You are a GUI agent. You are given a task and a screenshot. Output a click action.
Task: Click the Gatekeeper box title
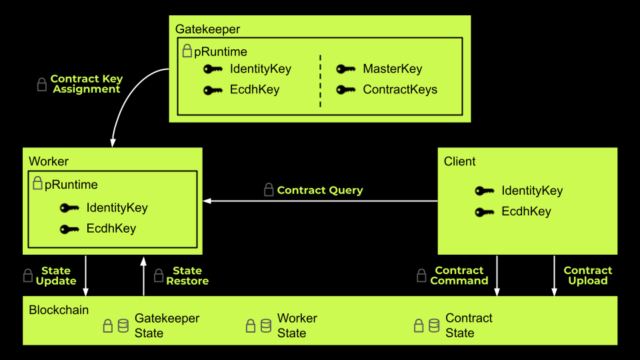click(x=207, y=29)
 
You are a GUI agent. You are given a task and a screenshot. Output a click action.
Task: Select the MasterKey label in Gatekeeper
click(x=392, y=69)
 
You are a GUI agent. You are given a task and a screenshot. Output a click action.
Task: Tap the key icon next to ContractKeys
click(x=345, y=90)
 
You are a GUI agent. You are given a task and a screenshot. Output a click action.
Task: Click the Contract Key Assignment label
click(x=87, y=84)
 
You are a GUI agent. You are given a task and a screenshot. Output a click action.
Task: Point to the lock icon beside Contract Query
click(x=269, y=190)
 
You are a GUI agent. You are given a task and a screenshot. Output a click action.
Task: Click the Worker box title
click(x=49, y=161)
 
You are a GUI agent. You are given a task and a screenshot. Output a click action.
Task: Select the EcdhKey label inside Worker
click(x=111, y=229)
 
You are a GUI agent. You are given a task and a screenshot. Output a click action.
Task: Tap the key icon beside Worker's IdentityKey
click(x=69, y=208)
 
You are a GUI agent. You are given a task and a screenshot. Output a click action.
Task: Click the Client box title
click(x=460, y=161)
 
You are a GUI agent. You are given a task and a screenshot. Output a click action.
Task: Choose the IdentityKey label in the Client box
click(x=532, y=191)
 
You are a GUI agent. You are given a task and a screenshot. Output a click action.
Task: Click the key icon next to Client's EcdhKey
click(x=485, y=213)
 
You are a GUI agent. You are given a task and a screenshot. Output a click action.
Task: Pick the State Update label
click(x=55, y=276)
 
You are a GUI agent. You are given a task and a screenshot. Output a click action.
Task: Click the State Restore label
click(x=187, y=276)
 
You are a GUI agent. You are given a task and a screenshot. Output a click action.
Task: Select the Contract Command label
click(x=459, y=276)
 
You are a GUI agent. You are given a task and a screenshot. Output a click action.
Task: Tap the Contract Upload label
click(x=587, y=276)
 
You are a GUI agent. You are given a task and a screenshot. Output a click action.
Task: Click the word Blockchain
click(x=59, y=310)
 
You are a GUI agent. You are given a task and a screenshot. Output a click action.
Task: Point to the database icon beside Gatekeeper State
click(x=123, y=325)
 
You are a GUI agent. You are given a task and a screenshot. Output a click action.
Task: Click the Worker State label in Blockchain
click(x=297, y=325)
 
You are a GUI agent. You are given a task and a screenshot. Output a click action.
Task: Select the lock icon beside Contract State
click(x=419, y=325)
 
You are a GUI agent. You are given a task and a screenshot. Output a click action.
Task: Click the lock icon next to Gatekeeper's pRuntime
click(x=187, y=51)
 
